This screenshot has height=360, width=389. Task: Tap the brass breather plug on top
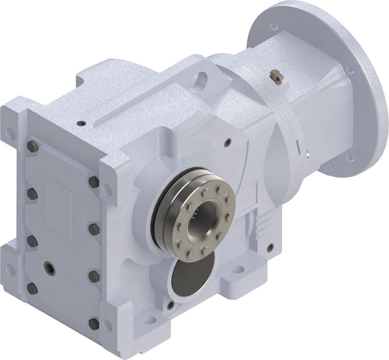[x=277, y=77]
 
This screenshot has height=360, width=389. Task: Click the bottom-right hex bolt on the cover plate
[x=93, y=323]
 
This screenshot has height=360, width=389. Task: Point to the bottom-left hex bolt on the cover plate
[x=32, y=287]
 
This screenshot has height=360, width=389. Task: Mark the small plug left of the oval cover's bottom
[x=170, y=304]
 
